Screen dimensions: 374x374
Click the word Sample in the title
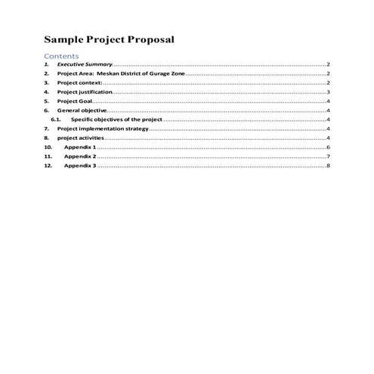[x=64, y=39]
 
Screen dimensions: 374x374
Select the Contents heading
[x=61, y=56]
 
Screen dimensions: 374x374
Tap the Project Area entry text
[x=76, y=75]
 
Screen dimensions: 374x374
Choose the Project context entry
[x=79, y=83]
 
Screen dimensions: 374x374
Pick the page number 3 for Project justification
[x=328, y=92]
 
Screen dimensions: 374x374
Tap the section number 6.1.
[x=55, y=119]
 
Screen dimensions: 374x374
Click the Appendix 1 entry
[x=79, y=147]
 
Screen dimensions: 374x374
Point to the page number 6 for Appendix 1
[x=328, y=147]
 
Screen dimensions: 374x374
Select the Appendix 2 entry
[x=79, y=156]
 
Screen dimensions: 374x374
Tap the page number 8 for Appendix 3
[x=328, y=165]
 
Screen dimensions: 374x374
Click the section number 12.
[x=48, y=165]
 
